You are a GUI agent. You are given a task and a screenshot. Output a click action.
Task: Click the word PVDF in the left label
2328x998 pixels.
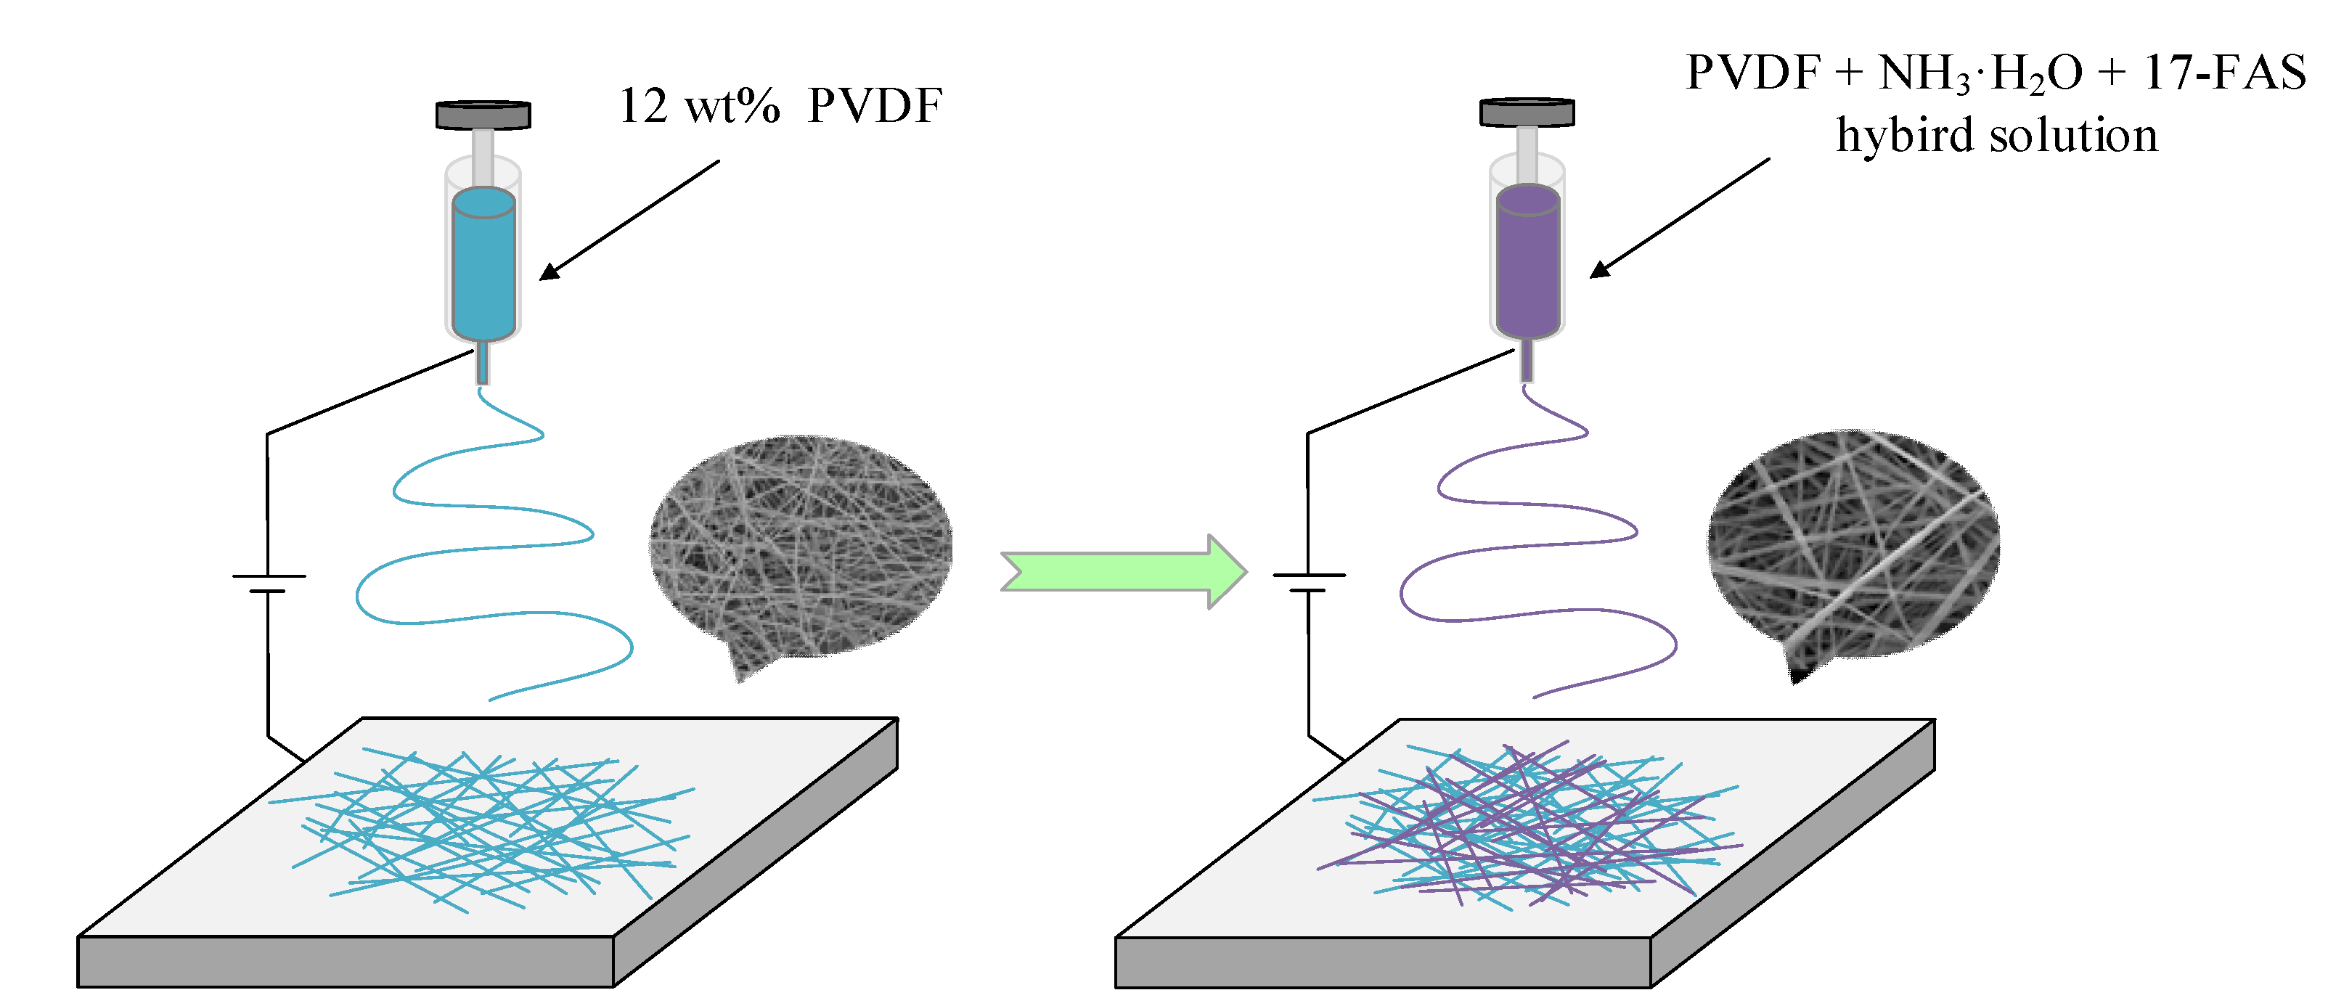tap(875, 107)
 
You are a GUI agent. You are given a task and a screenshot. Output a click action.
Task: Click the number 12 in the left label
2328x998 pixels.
tap(642, 107)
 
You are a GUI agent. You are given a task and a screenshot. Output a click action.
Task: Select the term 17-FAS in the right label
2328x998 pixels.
tap(2224, 73)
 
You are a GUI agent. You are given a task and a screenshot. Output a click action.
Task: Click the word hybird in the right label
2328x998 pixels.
tap(1903, 136)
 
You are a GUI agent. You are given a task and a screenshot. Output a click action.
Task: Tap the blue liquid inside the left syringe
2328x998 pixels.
tap(483, 266)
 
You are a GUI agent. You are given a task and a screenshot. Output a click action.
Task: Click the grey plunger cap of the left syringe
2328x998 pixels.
tap(483, 115)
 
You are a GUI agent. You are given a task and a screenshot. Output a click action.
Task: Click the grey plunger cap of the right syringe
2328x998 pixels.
tap(1527, 112)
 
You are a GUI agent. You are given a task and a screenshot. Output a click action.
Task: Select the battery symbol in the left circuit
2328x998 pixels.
tap(269, 583)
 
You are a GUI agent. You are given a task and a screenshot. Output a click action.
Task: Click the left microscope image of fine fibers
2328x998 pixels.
tap(800, 547)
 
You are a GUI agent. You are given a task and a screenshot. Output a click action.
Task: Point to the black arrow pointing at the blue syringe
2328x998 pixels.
tap(630, 220)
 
